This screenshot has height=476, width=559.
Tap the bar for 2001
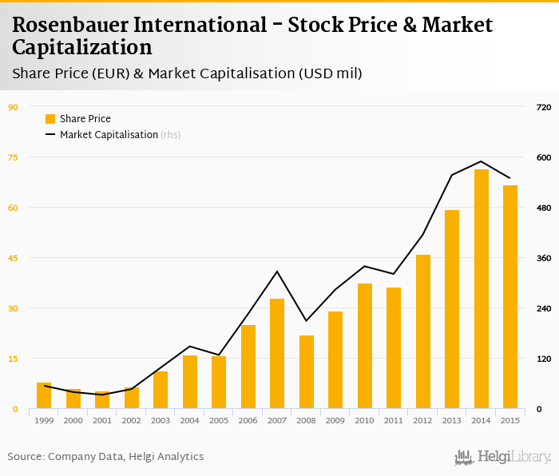pos(102,400)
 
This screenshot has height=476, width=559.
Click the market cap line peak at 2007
pos(277,272)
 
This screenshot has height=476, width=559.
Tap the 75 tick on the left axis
pos(13,157)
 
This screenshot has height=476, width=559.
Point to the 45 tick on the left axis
pos(13,258)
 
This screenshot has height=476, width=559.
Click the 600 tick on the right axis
pos(544,157)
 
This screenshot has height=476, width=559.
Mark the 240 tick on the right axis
pos(544,308)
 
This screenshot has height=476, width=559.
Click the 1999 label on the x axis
pos(44,420)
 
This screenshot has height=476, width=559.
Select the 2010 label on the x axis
pos(365,420)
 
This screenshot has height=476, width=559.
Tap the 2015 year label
pos(510,420)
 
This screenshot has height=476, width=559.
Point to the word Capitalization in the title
pos(81,47)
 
